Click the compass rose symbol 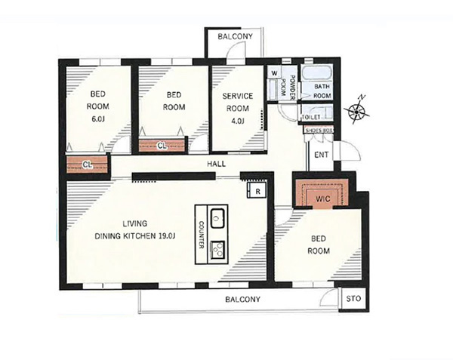(357, 110)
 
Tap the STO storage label (353, 299)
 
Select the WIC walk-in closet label (323, 199)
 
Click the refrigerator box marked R (256, 190)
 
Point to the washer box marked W (274, 73)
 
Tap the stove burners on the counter (218, 249)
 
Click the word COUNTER (202, 235)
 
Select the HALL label (217, 165)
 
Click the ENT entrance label (322, 155)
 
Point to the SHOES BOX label (319, 131)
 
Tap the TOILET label (311, 117)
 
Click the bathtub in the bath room (316, 72)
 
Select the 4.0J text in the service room (238, 121)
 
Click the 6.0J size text (98, 119)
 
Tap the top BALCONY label (235, 37)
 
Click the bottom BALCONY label (242, 300)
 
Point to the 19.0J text (167, 236)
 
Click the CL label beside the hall (88, 165)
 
